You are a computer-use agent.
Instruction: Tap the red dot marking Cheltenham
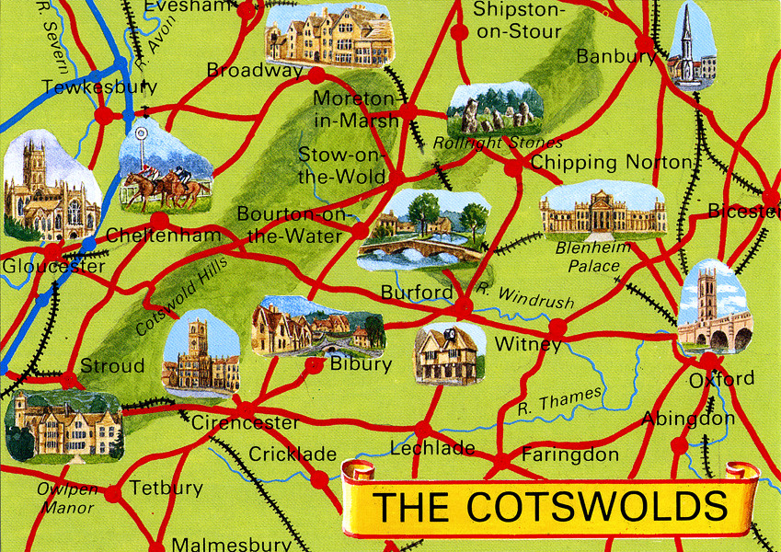click(x=160, y=221)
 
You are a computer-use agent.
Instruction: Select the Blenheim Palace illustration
click(x=603, y=212)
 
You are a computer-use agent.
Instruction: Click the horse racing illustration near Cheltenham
click(x=166, y=170)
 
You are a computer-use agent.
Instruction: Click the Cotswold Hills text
click(x=181, y=294)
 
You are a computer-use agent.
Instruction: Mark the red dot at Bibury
click(x=315, y=365)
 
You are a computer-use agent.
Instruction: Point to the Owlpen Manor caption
click(x=67, y=497)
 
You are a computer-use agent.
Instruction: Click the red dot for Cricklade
click(x=318, y=479)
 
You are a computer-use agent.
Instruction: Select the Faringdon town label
click(x=569, y=454)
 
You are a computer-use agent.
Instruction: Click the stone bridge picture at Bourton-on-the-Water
click(x=423, y=230)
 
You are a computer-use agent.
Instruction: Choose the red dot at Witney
click(x=557, y=326)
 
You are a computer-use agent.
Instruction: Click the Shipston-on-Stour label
click(x=516, y=20)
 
